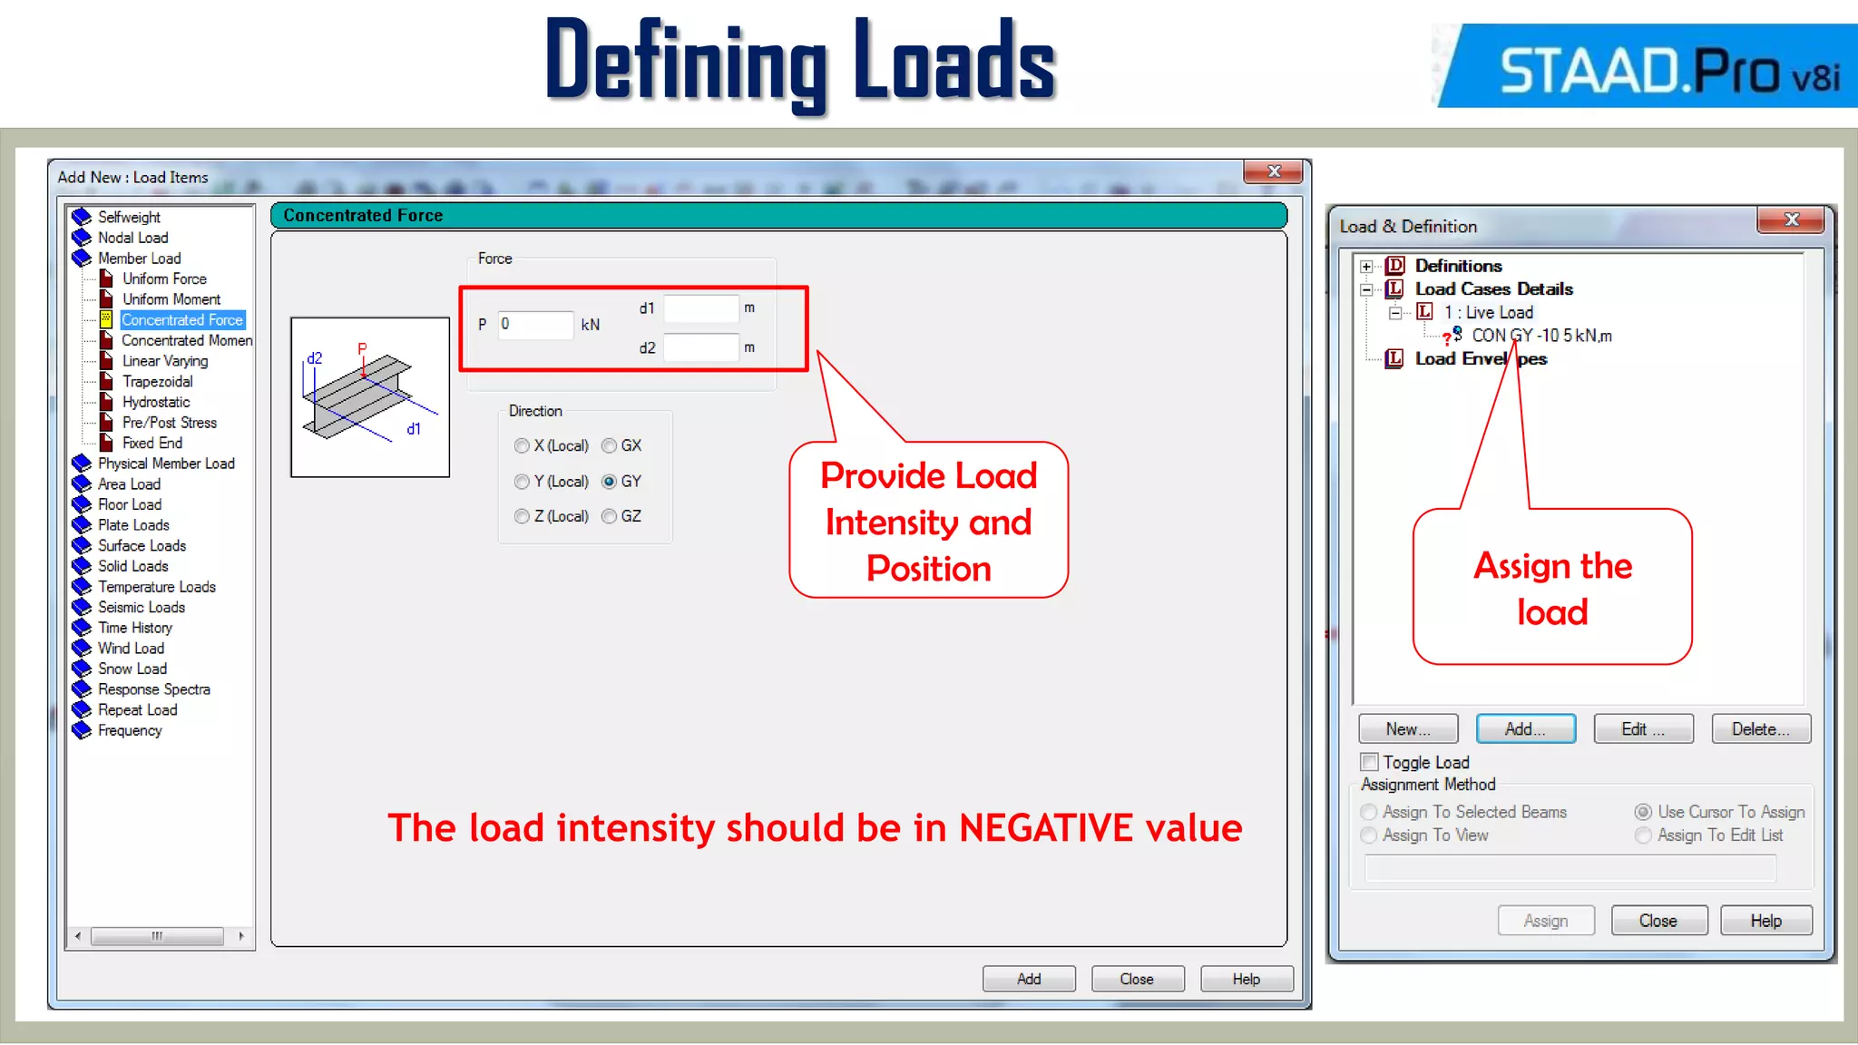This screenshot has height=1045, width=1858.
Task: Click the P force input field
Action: coord(535,325)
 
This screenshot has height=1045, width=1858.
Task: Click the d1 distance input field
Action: coord(700,308)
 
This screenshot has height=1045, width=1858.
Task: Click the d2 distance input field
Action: coord(700,347)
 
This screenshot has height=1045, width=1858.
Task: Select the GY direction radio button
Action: coord(610,482)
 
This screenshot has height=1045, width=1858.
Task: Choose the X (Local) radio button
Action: coord(522,445)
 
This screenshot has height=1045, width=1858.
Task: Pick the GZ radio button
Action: coord(610,516)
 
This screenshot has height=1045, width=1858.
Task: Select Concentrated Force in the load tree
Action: coord(181,320)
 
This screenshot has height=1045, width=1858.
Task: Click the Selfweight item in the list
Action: coord(129,217)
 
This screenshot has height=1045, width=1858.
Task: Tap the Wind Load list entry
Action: coord(131,649)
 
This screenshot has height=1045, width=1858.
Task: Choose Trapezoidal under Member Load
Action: coord(157,382)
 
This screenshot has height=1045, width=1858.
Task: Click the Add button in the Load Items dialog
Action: coord(1029,979)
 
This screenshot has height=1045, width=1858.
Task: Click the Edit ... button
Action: coord(1643,729)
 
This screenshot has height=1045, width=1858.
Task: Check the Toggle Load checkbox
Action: coord(1370,762)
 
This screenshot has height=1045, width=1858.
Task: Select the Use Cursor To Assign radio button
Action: coord(1643,812)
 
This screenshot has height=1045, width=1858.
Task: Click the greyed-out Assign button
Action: coord(1545,921)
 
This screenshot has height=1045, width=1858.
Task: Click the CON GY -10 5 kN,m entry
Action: coord(1540,336)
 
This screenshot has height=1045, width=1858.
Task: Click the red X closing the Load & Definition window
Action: coord(1791,220)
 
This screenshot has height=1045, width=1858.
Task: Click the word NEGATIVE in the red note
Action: coord(1046,828)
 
